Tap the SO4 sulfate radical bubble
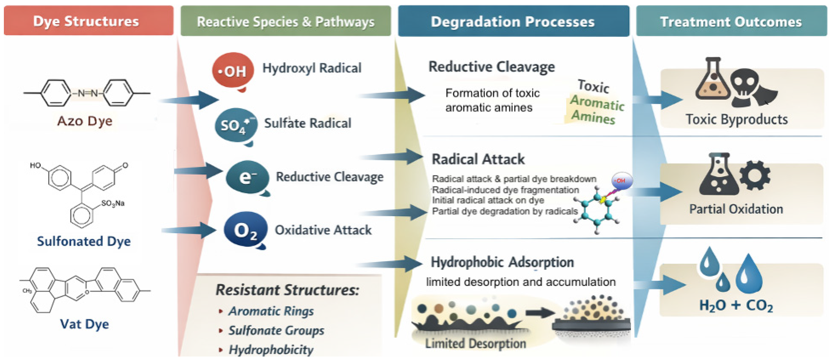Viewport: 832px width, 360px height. coord(236,125)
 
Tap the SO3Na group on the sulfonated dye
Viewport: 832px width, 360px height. coord(113,203)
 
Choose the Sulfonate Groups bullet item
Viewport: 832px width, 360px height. coord(276,330)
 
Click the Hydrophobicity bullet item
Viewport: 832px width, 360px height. coord(271,349)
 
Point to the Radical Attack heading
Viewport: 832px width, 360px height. coord(478,159)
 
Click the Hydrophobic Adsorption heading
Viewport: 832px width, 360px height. coord(502,262)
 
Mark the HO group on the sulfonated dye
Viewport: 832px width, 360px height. coord(36,166)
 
